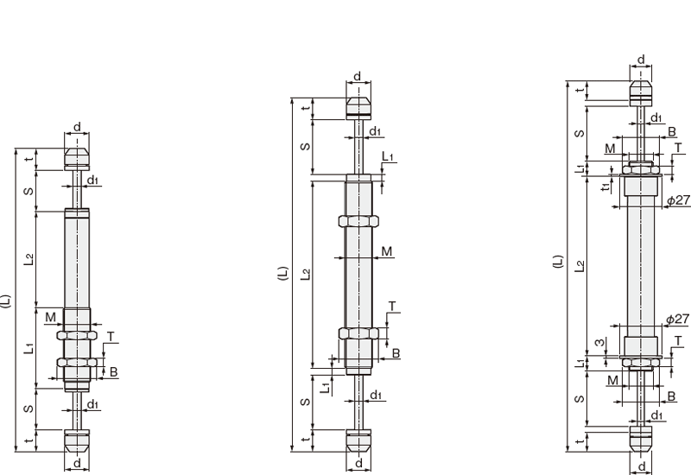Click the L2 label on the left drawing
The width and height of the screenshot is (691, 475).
(x=29, y=259)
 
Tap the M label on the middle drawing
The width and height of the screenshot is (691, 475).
(x=386, y=251)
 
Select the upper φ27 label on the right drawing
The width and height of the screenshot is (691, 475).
(x=678, y=200)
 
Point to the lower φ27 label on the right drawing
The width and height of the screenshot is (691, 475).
(x=677, y=319)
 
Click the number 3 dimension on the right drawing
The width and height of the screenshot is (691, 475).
(x=599, y=342)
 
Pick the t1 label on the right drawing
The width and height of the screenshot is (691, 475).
(x=607, y=187)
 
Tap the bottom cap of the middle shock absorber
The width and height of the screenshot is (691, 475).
(x=358, y=440)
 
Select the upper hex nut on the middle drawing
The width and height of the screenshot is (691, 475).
(x=358, y=221)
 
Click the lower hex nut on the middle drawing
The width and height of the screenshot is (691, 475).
(x=358, y=333)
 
